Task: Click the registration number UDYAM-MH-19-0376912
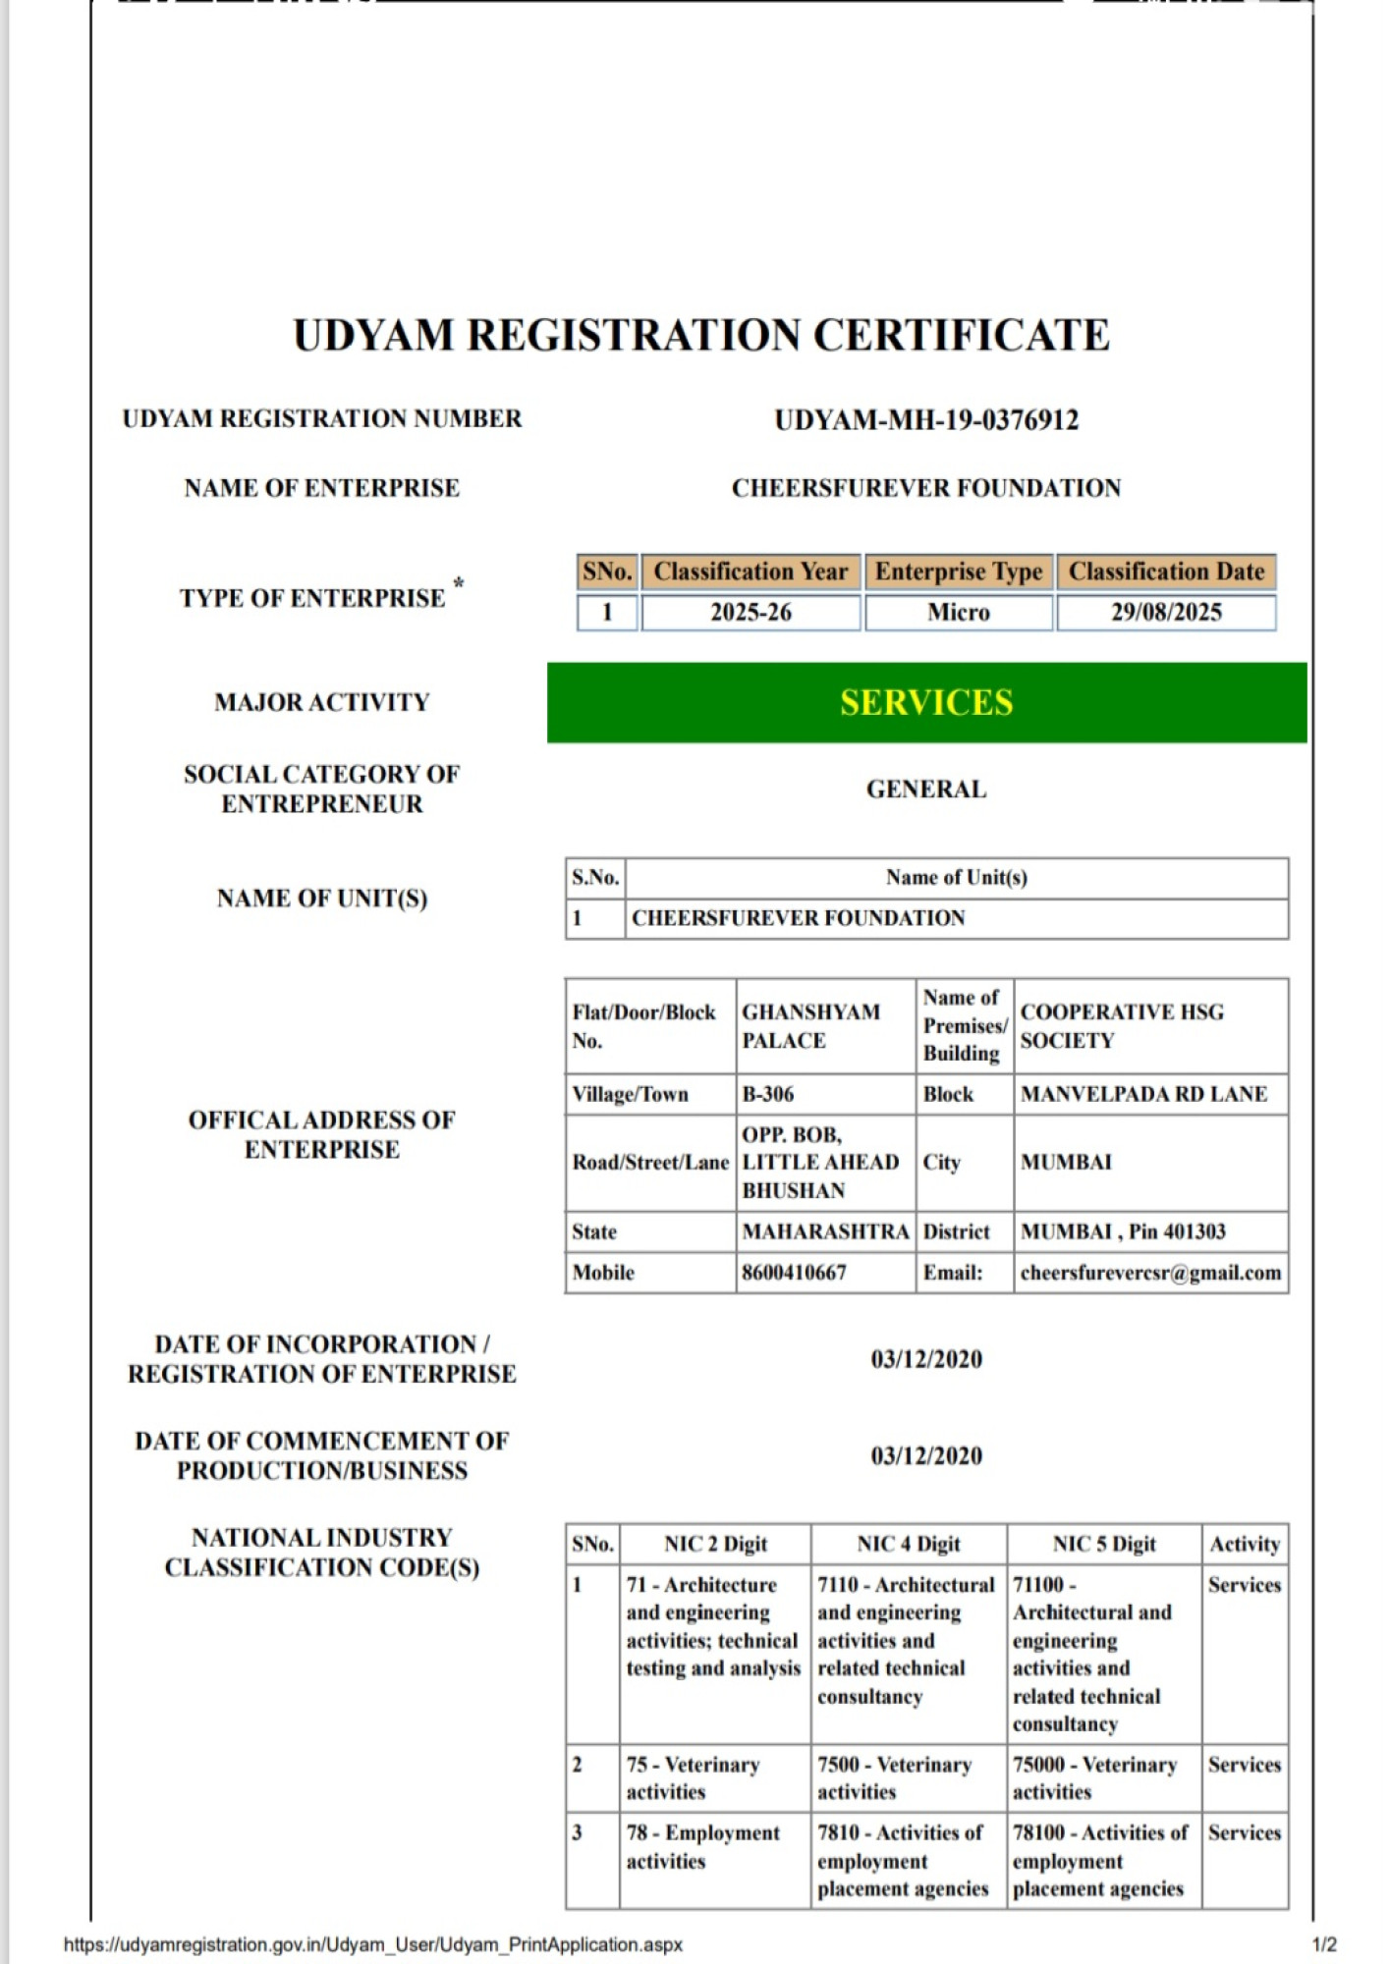pos(925,420)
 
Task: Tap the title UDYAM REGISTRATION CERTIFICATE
pos(701,336)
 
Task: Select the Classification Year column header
pos(750,572)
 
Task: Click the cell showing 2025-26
pos(750,613)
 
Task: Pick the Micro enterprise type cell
pos(958,613)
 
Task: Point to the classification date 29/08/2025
pos(1166,613)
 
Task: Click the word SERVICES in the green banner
pos(925,703)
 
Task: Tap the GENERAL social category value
pos(925,790)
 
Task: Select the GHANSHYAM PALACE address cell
pos(811,1026)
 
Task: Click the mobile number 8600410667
pos(794,1273)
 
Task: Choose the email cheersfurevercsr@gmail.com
pos(1150,1273)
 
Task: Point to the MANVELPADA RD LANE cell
pos(1143,1094)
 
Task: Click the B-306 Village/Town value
pos(768,1094)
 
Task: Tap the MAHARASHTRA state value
pos(825,1231)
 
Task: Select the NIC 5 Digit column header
pos(1104,1544)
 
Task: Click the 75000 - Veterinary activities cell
pos(1094,1777)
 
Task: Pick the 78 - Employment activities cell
pos(702,1846)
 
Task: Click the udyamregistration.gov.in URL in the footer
pos(372,1944)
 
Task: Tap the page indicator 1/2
pos(1323,1944)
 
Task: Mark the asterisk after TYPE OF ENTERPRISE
pos(459,584)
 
